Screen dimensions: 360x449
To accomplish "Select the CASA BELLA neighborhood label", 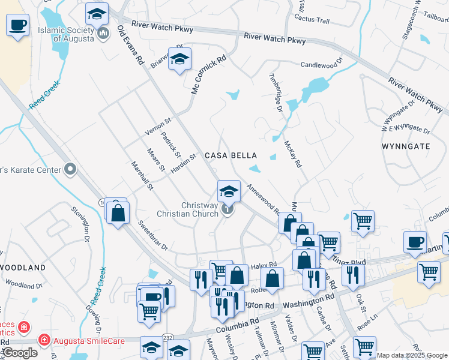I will pos(231,155).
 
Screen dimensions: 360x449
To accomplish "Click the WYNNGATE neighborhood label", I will pos(405,146).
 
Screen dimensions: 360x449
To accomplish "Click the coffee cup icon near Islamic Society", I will pos(18,25).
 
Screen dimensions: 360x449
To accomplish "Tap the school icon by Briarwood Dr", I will pos(179,59).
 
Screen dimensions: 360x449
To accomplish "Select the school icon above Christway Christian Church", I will pos(228,191).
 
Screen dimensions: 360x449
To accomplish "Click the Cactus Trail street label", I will pos(312,20).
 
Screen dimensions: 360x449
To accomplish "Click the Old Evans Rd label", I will pos(131,45).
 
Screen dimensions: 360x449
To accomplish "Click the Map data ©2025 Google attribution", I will pos(412,355).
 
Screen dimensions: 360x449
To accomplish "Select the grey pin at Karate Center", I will pos(70,170).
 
